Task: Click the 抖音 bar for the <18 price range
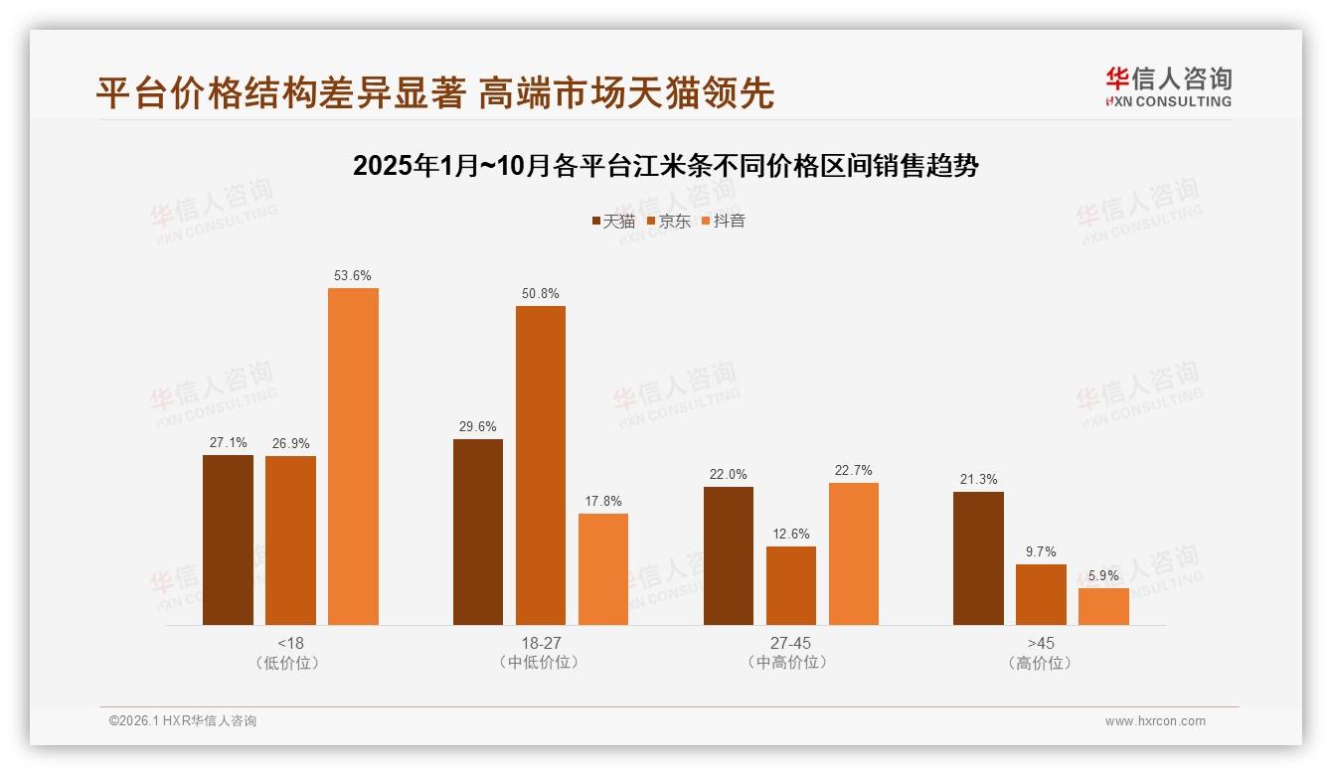point(353,456)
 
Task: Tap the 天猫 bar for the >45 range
point(978,558)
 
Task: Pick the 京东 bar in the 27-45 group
point(790,585)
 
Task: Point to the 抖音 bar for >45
point(1103,606)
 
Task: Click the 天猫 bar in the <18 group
point(228,540)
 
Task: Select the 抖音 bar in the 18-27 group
point(602,569)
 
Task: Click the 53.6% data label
point(353,276)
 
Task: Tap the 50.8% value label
point(540,294)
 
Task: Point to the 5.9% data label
point(1103,576)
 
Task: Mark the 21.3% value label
point(978,480)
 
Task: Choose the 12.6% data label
point(790,535)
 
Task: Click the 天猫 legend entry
point(612,221)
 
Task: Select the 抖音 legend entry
point(723,221)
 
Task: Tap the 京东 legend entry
point(668,221)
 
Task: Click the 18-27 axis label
point(540,643)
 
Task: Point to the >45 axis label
point(1041,643)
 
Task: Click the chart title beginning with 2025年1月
point(665,166)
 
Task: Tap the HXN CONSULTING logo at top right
point(1168,86)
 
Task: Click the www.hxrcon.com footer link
point(1155,721)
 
